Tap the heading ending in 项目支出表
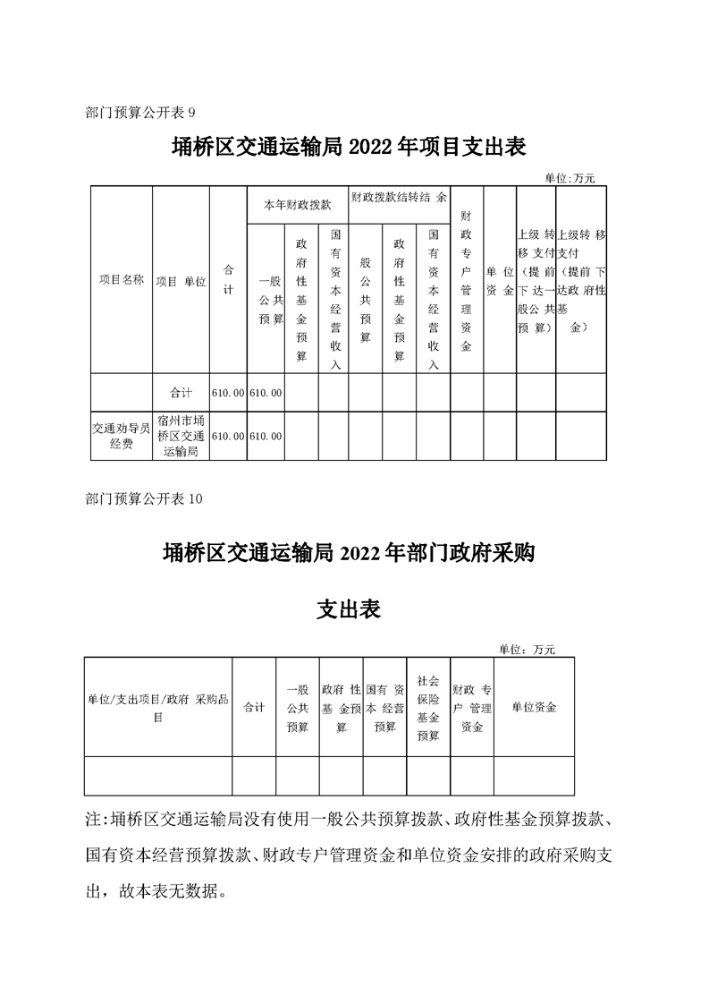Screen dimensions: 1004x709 point(348,147)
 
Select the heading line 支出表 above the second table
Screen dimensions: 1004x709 point(350,609)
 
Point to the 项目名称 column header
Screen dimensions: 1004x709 point(121,280)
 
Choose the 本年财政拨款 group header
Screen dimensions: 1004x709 point(297,205)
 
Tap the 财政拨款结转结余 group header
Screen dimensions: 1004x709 point(399,196)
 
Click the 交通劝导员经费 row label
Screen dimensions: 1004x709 point(122,436)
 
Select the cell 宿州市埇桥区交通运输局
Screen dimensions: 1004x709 point(181,436)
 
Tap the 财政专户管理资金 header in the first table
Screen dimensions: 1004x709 point(466,281)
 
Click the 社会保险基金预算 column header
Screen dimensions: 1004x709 point(428,708)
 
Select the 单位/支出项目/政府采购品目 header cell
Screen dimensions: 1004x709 point(158,708)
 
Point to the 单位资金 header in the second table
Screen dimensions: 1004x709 point(534,708)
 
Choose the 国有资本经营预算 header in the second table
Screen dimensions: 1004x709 point(385,708)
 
